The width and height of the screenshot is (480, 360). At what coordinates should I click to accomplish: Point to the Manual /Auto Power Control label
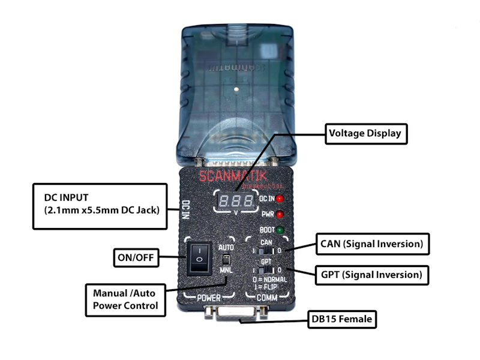click(x=125, y=299)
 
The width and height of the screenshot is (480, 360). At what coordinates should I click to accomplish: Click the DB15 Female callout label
click(x=341, y=320)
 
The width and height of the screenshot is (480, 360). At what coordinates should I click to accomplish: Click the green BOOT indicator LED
click(x=279, y=230)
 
